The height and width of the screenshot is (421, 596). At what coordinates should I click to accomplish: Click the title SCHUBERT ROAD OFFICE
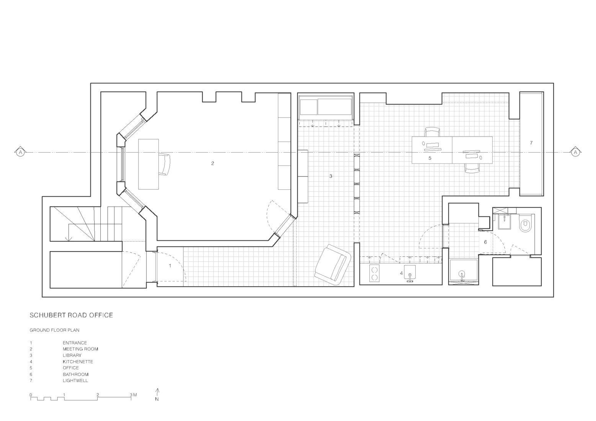(71, 315)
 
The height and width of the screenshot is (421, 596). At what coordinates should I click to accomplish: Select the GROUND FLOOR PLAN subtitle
(54, 330)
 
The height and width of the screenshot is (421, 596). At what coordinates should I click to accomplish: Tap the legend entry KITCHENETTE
(78, 362)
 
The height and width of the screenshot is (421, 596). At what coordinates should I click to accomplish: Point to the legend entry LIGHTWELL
(75, 380)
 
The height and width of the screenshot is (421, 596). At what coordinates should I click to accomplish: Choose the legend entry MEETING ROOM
(80, 349)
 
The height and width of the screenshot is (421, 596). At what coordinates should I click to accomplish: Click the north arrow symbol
(157, 394)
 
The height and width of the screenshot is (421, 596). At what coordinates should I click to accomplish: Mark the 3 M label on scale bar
(133, 395)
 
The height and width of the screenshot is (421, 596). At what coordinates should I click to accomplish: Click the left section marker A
(20, 152)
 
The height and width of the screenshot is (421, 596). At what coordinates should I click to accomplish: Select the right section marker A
(575, 152)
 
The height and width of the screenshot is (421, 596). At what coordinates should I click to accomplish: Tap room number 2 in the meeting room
(212, 163)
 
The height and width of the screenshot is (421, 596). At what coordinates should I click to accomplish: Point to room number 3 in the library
(331, 176)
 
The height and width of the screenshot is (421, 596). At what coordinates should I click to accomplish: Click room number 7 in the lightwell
(531, 143)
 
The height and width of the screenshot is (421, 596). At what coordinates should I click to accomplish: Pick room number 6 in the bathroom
(485, 242)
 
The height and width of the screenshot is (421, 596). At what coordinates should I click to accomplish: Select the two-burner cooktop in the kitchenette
(374, 273)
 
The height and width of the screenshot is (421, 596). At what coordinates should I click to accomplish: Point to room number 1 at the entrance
(170, 266)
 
